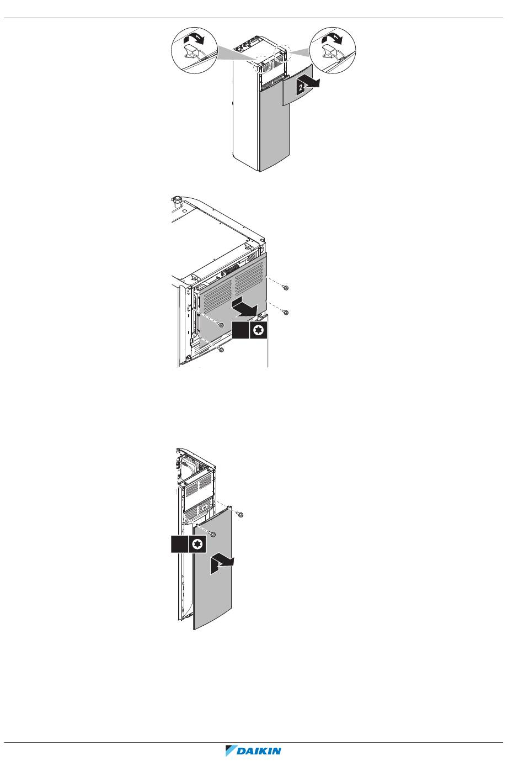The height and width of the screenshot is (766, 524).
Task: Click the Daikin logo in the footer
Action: (x=253, y=751)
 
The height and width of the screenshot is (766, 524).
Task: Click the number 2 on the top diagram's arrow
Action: (x=301, y=88)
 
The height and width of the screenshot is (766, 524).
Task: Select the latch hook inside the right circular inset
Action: (x=330, y=51)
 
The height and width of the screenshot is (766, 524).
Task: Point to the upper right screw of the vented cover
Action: (x=286, y=288)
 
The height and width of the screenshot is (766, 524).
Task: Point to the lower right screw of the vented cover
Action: (x=286, y=312)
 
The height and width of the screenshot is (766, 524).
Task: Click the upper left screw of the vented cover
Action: (x=221, y=325)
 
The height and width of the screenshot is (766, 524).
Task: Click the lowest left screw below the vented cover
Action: (x=221, y=350)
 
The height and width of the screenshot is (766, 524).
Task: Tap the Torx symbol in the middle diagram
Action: (x=258, y=330)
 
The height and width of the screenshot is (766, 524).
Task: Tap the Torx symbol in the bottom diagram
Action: (x=197, y=544)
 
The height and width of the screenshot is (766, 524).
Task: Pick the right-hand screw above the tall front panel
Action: (x=240, y=515)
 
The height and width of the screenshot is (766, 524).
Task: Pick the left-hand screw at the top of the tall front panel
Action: (x=213, y=534)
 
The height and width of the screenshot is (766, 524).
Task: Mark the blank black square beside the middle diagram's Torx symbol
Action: (x=240, y=330)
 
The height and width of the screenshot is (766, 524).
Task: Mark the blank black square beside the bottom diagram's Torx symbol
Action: (x=179, y=544)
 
